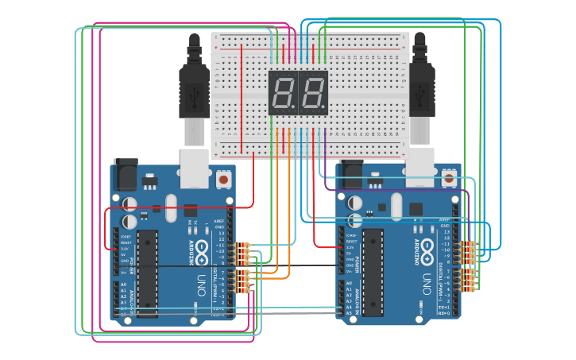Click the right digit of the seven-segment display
[312, 94]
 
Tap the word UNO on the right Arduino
[427, 282]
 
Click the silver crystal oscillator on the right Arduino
[396, 206]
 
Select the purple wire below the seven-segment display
[325, 143]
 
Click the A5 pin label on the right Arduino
[347, 313]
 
